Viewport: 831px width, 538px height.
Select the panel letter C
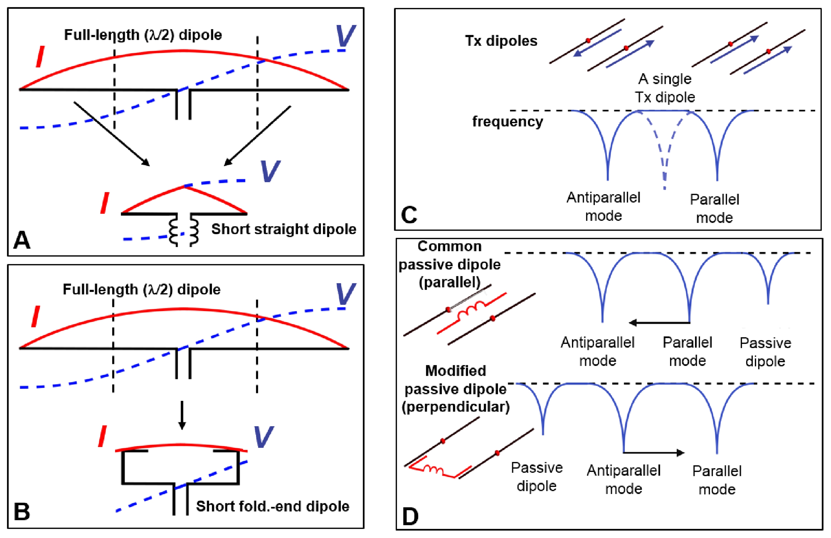tap(409, 215)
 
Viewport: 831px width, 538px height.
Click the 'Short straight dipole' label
tap(284, 229)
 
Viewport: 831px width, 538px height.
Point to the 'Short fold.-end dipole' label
tap(272, 506)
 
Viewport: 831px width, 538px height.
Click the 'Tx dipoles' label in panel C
tap(501, 41)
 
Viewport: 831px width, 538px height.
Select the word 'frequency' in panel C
tap(507, 122)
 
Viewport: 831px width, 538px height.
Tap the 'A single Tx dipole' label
tap(665, 88)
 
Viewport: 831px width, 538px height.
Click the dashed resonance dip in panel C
tap(664, 164)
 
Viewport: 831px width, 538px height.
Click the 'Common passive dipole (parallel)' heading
tap(449, 264)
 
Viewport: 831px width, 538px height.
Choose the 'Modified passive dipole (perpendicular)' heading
tap(455, 389)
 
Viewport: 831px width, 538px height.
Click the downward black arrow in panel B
tap(182, 415)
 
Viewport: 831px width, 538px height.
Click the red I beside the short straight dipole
tap(104, 203)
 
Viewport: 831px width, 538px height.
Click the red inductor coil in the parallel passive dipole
tap(472, 309)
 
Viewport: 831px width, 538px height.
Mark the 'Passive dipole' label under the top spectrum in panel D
tap(765, 352)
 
